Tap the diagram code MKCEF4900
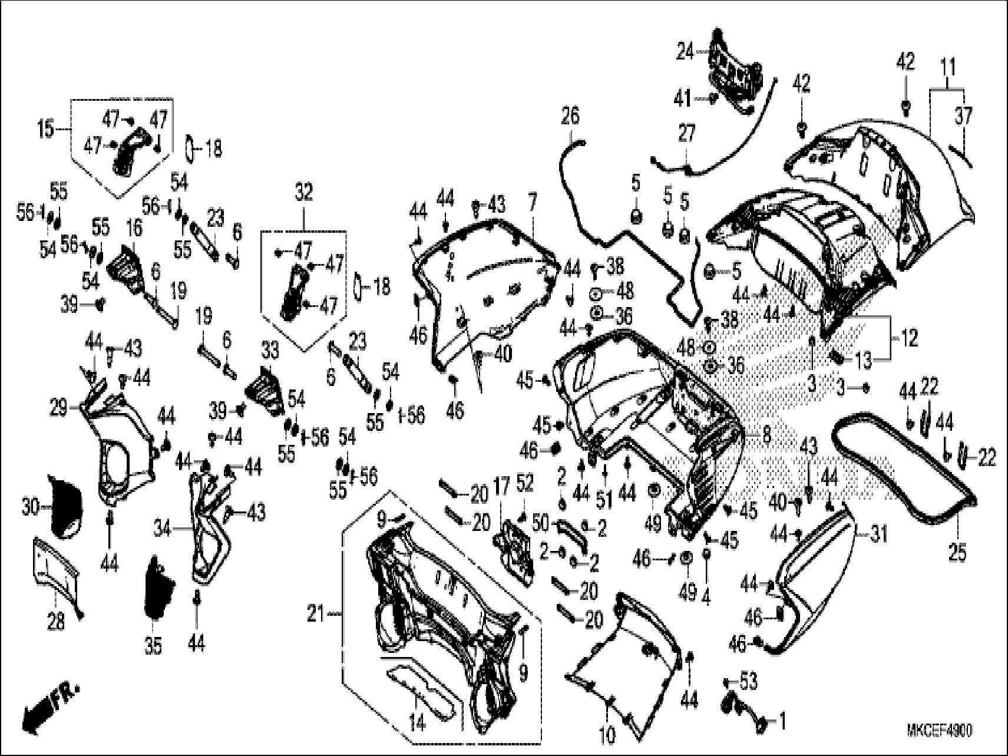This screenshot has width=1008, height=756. click(x=939, y=731)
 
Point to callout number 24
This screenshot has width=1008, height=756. click(x=685, y=52)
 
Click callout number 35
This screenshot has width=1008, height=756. click(x=153, y=646)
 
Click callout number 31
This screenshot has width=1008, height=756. click(x=878, y=534)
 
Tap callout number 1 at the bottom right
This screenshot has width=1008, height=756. click(x=782, y=721)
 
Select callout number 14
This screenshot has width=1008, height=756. click(x=417, y=722)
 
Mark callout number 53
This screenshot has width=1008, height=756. click(x=748, y=682)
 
